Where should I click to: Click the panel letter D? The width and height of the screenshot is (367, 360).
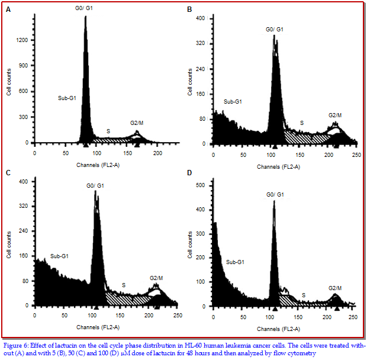coord(189,173)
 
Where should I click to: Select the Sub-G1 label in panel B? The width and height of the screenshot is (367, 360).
coord(233,102)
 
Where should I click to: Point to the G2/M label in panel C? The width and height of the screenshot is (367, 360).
coord(157,278)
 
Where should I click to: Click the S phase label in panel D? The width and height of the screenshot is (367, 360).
coord(304,294)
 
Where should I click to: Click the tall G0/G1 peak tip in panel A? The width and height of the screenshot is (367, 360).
coord(85,17)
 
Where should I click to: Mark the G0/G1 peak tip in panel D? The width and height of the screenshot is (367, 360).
coord(274,201)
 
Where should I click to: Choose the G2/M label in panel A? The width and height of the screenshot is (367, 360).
coord(137,123)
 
